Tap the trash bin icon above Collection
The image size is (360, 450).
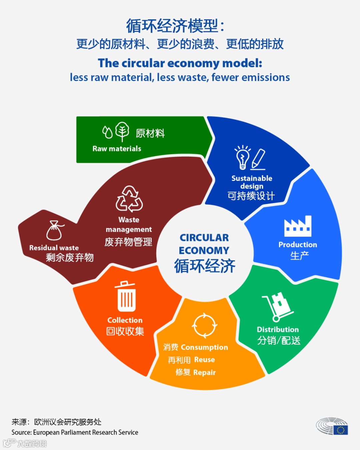click(x=126, y=296)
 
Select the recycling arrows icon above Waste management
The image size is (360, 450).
click(x=129, y=199)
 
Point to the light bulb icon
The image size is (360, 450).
click(x=243, y=157)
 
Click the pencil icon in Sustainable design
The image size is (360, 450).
click(x=259, y=159)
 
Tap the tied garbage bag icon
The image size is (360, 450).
click(x=55, y=230)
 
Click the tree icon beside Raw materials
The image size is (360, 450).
click(x=122, y=131)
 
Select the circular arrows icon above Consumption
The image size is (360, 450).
click(x=204, y=325)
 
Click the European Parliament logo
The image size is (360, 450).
click(x=332, y=426)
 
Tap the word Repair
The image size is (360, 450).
click(x=205, y=372)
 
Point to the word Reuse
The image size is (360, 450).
click(x=205, y=360)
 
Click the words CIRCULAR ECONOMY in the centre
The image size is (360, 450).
click(x=204, y=244)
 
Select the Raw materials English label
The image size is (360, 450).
click(x=117, y=149)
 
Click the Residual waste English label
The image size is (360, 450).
click(x=54, y=248)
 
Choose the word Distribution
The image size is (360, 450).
click(x=278, y=329)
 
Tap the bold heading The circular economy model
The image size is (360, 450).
click(x=180, y=63)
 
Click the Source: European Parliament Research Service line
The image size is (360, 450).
click(x=75, y=432)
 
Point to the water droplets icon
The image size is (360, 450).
click(x=107, y=132)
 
